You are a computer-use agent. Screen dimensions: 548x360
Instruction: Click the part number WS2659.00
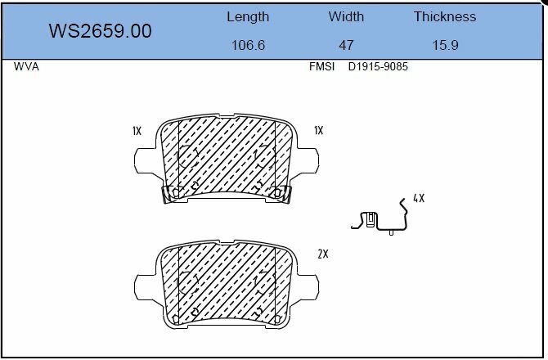100,31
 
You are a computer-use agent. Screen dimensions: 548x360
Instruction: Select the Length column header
248,17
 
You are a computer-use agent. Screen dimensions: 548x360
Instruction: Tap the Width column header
346,16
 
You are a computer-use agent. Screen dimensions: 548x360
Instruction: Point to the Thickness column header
445,16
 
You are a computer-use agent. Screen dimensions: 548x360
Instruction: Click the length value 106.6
248,45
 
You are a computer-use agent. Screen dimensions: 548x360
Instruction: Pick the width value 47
346,45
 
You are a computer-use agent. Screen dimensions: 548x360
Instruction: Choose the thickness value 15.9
445,45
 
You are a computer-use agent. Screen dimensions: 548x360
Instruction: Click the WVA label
26,66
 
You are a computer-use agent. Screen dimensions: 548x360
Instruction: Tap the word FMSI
321,66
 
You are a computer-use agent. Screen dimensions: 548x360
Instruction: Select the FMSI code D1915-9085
378,66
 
